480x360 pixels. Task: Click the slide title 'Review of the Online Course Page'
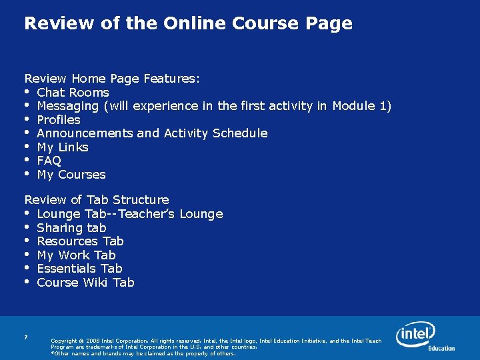coord(188,24)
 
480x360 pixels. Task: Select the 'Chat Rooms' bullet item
coord(73,93)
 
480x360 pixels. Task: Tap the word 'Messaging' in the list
coord(67,106)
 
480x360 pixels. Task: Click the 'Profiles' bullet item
coord(59,120)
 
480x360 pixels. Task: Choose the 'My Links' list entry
coord(63,147)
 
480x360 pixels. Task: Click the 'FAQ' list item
coord(49,161)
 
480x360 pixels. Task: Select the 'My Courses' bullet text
coord(71,175)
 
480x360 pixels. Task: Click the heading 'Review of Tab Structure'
coord(97,200)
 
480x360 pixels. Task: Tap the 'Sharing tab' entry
coord(71,228)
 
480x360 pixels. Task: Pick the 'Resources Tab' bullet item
coord(80,241)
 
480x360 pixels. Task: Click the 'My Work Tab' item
coord(76,255)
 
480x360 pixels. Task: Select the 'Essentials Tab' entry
coord(79,269)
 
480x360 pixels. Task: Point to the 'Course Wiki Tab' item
coord(85,283)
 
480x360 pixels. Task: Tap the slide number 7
coord(25,338)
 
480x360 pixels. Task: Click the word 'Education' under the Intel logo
coord(441,348)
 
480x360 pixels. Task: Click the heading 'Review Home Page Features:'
coord(112,79)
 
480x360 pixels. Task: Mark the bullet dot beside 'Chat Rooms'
coord(27,92)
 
